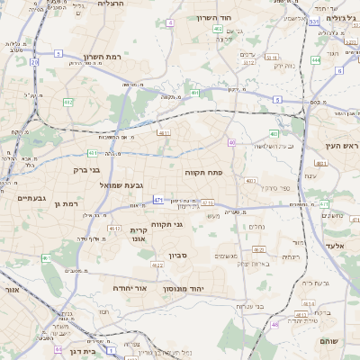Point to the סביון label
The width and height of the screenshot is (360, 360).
pos(177,256)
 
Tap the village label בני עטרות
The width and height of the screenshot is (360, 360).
pos(248,306)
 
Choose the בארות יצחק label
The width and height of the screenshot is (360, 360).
pos(253,264)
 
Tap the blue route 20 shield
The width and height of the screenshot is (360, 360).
pos(34,62)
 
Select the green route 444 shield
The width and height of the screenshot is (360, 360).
pos(315,60)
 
